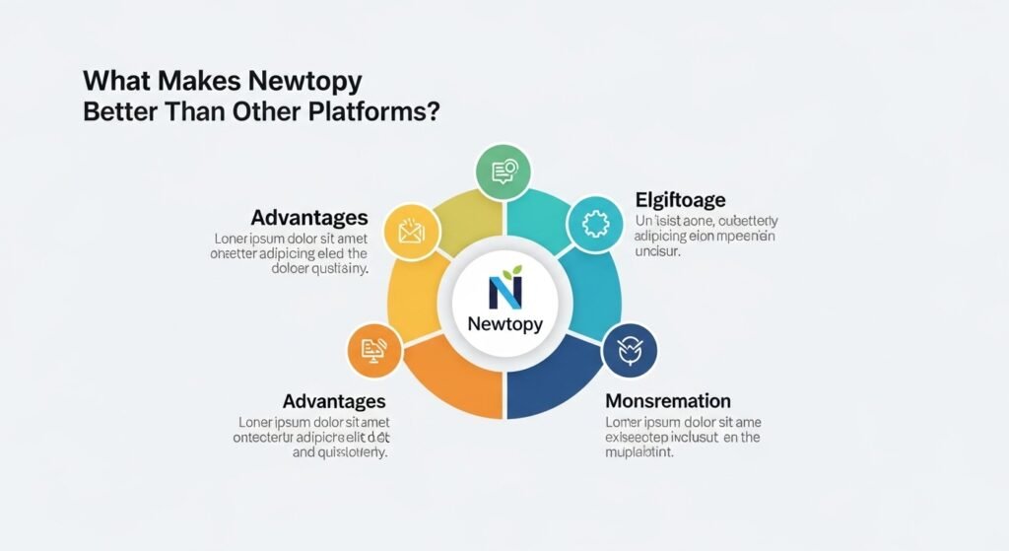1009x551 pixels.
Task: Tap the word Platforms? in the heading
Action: [x=378, y=111]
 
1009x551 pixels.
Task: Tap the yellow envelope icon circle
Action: [x=411, y=232]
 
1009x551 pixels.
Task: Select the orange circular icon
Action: [x=374, y=350]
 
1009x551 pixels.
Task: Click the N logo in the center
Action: [x=504, y=292]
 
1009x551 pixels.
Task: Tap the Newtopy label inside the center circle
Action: [x=504, y=323]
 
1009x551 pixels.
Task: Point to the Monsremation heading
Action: [x=667, y=401]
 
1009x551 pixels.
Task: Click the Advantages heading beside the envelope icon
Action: [x=309, y=217]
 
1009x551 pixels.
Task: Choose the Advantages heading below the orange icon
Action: [x=334, y=401]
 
